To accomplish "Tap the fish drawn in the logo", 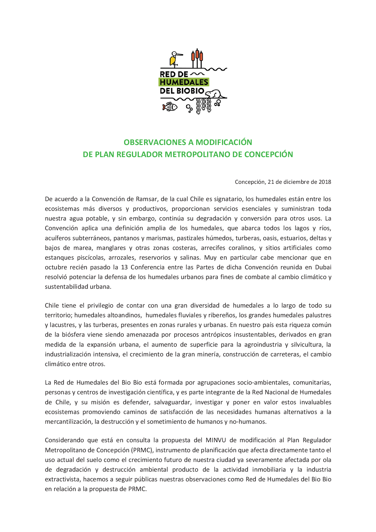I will coord(170,107).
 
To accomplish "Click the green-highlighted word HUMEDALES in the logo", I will coord(184,82).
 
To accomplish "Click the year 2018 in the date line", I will coord(325,182).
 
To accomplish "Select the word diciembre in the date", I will coord(294,182).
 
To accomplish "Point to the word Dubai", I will coord(323,267).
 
